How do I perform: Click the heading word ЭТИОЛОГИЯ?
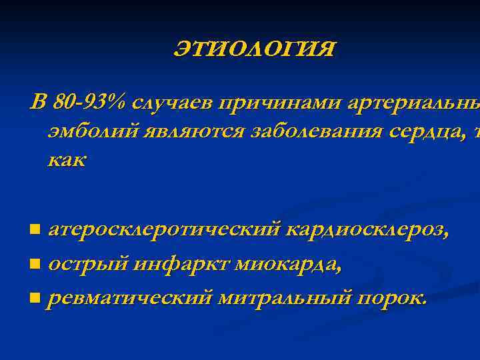click(x=255, y=49)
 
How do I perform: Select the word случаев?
click(x=172, y=103)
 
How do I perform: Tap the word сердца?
click(x=425, y=132)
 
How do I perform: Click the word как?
click(x=67, y=161)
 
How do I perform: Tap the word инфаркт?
click(x=175, y=265)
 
